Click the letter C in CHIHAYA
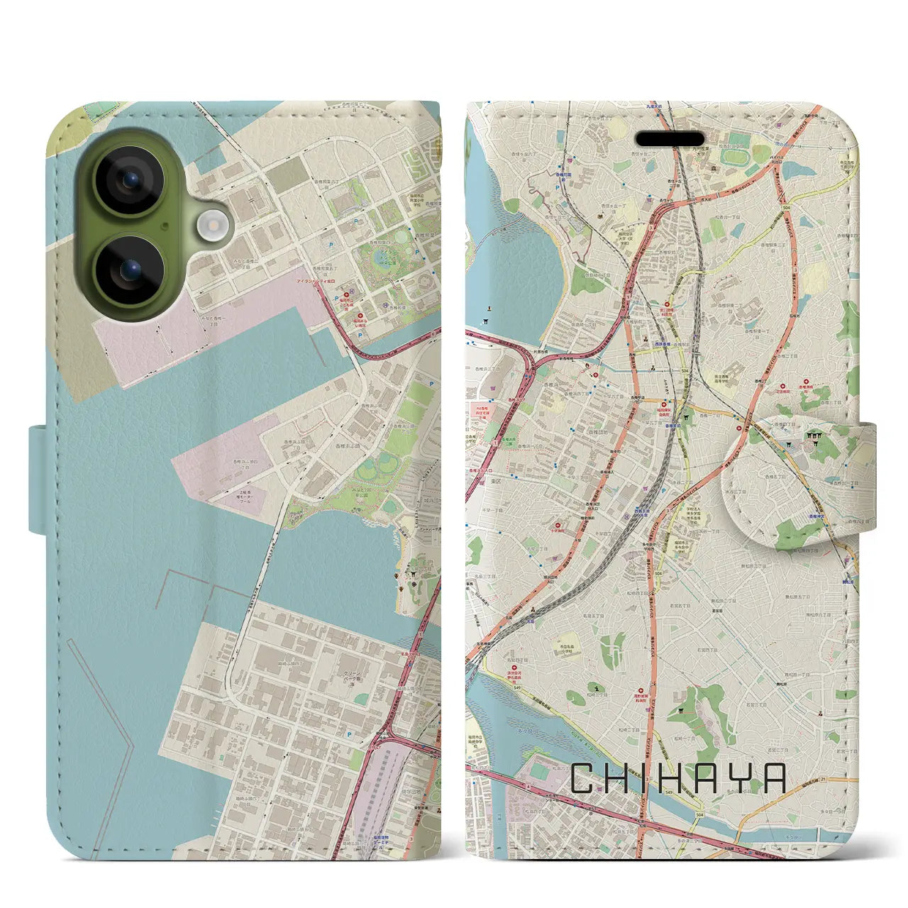[x=587, y=778]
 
